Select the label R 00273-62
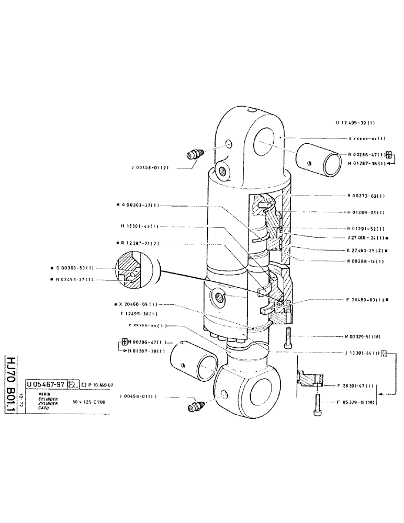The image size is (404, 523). click(x=366, y=196)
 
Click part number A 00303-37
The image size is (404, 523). click(x=137, y=206)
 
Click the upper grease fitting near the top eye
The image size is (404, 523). click(x=195, y=155)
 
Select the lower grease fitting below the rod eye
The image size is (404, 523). click(x=197, y=405)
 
